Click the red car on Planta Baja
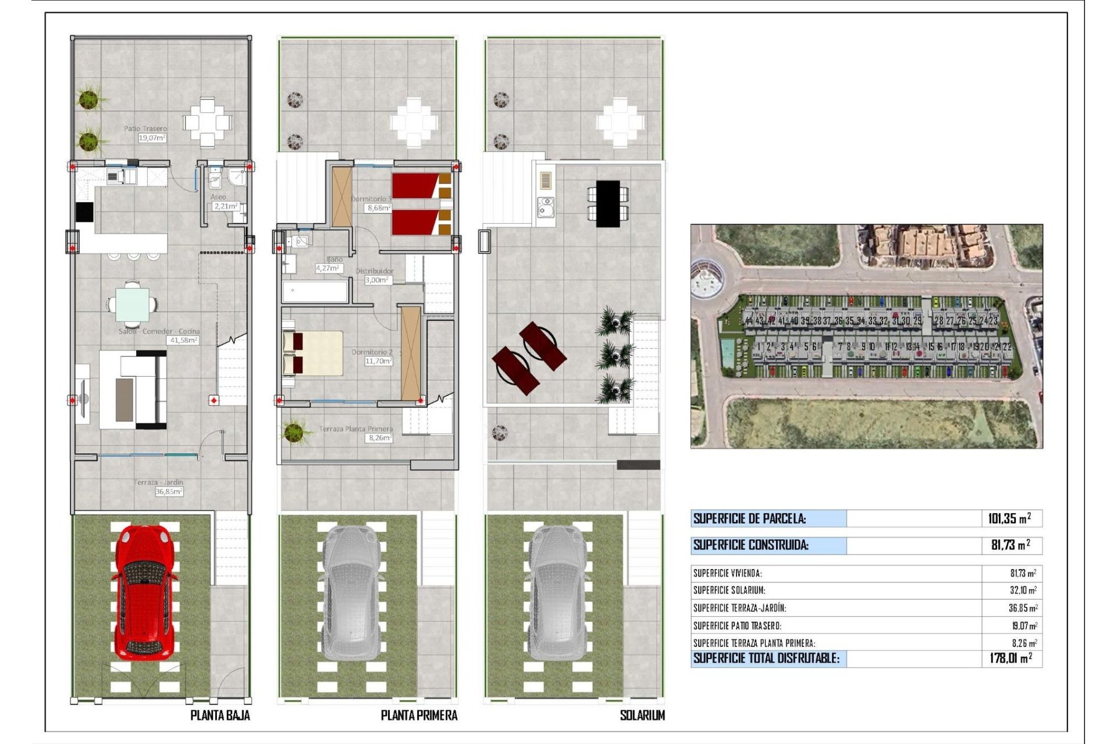coord(144,593)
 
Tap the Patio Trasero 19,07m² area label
coord(146,133)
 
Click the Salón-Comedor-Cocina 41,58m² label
coord(160,335)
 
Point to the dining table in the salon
coord(132,305)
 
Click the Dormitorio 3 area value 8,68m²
coord(379,208)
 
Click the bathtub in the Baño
coord(315,292)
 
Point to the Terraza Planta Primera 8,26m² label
coord(356,433)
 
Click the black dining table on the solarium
coord(608,203)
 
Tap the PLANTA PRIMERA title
coord(419,716)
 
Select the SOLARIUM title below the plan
coord(642,716)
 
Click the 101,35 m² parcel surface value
coord(1009,518)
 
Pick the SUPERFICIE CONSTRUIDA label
coord(750,545)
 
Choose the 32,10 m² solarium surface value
coord(1023,591)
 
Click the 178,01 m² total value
coord(1011,659)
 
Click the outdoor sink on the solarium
coord(545,206)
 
